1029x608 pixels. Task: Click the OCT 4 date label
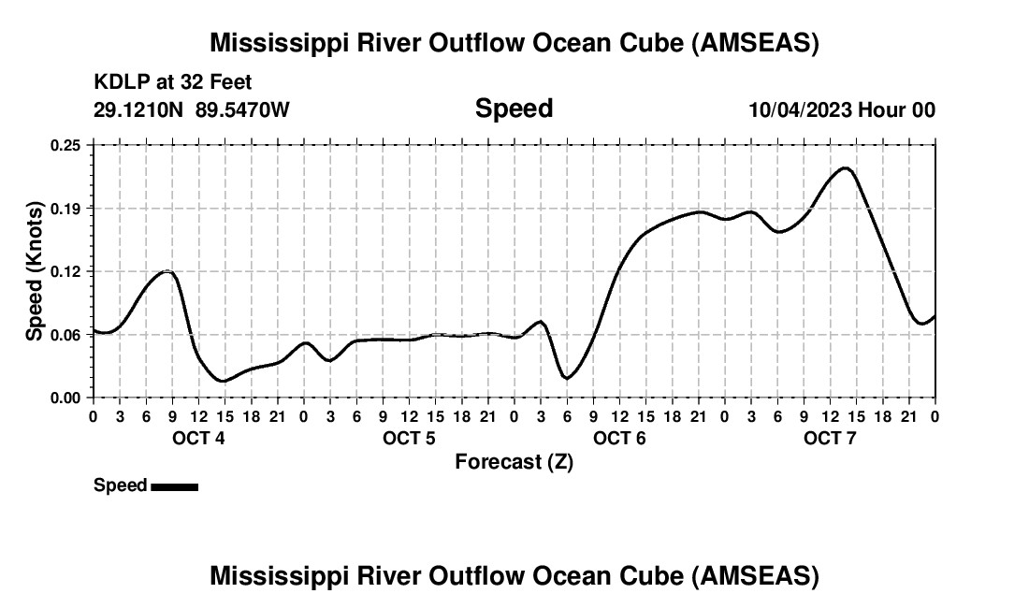coord(197,439)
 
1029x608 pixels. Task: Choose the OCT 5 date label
coord(408,439)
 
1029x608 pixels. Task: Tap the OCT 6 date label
coord(618,439)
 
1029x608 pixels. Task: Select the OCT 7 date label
coord(829,439)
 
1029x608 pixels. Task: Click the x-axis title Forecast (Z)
coord(514,462)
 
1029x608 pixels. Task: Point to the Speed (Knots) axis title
coord(35,271)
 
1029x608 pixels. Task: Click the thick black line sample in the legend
coord(174,486)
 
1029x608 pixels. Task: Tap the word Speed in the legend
coord(121,485)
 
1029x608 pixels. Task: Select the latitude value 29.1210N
coord(139,110)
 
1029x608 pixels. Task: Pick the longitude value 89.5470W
coord(243,110)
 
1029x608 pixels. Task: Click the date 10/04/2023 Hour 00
coord(842,110)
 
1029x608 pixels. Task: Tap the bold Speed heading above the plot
coord(514,109)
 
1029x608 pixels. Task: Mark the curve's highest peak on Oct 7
coord(845,168)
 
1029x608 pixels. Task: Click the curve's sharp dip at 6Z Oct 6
coord(566,378)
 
